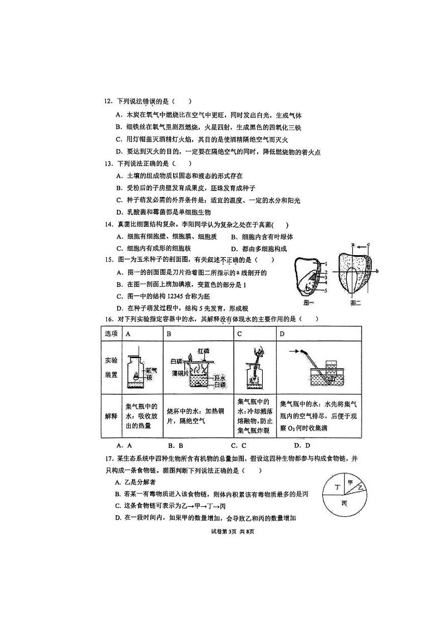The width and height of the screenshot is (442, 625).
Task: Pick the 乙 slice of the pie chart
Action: pos(360,487)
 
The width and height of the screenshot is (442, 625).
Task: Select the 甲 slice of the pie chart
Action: pos(350,482)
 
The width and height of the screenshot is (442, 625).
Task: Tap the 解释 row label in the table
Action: pos(111,416)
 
